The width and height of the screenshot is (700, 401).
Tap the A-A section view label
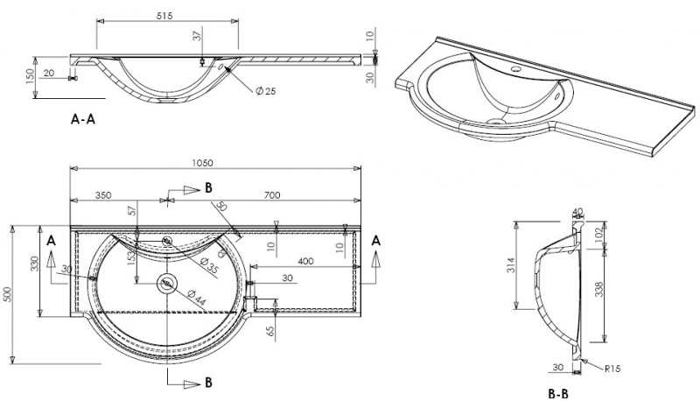tap(82, 121)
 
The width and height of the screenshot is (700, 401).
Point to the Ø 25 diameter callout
tap(264, 92)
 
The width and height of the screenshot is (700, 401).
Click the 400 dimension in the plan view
tap(306, 261)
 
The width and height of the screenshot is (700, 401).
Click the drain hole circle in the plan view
tap(166, 283)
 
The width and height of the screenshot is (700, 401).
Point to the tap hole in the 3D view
tap(515, 67)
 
